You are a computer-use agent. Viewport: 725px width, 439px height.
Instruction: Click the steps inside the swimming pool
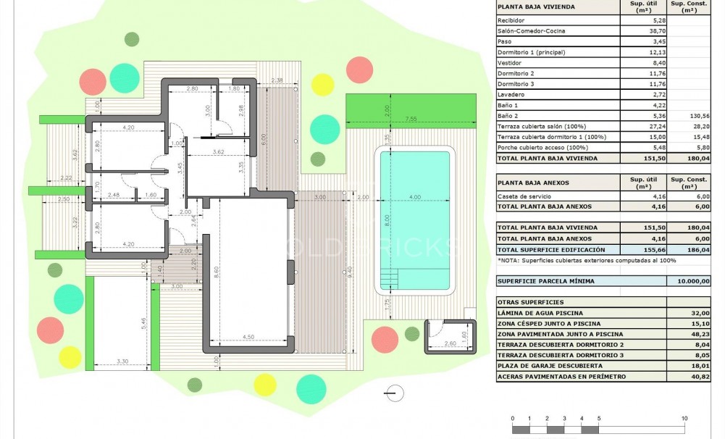coord(390,279)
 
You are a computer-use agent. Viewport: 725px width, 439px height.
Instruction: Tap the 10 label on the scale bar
coord(684,419)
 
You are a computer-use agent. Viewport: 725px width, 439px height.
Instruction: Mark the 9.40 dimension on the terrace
coord(351,273)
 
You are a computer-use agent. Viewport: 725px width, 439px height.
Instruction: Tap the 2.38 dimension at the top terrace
coord(276,80)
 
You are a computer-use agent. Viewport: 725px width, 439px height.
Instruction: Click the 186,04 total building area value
coord(691,249)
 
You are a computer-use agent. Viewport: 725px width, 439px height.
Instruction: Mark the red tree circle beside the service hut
coord(384,339)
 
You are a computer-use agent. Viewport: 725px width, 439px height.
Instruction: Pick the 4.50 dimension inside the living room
coord(248,336)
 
